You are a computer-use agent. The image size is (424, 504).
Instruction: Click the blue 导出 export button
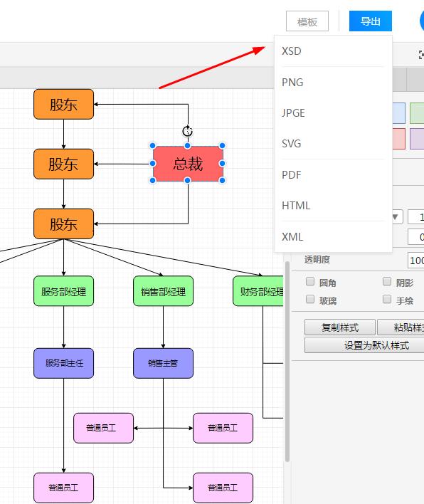point(371,21)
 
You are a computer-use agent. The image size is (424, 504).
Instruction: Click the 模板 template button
point(307,21)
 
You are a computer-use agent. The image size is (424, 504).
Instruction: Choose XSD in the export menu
point(292,51)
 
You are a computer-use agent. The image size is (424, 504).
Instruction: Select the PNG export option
point(292,83)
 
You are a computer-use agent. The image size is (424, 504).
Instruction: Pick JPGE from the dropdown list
point(293,112)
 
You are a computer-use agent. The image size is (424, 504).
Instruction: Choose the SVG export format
point(292,143)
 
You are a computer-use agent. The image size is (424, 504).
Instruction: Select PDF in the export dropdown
point(292,175)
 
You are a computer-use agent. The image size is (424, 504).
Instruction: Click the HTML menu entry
point(296,206)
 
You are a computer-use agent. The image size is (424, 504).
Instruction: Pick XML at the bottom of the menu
point(292,237)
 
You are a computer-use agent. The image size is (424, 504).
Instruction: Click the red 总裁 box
point(188,164)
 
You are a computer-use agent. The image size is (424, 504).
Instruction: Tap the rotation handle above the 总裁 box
point(188,131)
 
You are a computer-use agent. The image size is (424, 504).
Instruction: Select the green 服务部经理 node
point(63,291)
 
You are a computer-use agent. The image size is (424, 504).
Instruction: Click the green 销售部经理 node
point(163,291)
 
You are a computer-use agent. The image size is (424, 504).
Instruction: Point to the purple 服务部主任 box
point(63,363)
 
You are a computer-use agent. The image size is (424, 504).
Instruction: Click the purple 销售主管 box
point(163,363)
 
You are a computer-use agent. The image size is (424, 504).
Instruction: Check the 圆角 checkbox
point(310,282)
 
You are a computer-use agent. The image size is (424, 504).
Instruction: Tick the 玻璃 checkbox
point(310,300)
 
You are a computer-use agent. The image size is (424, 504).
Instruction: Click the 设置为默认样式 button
point(376,345)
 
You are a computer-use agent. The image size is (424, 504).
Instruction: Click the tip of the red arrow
point(265,47)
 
